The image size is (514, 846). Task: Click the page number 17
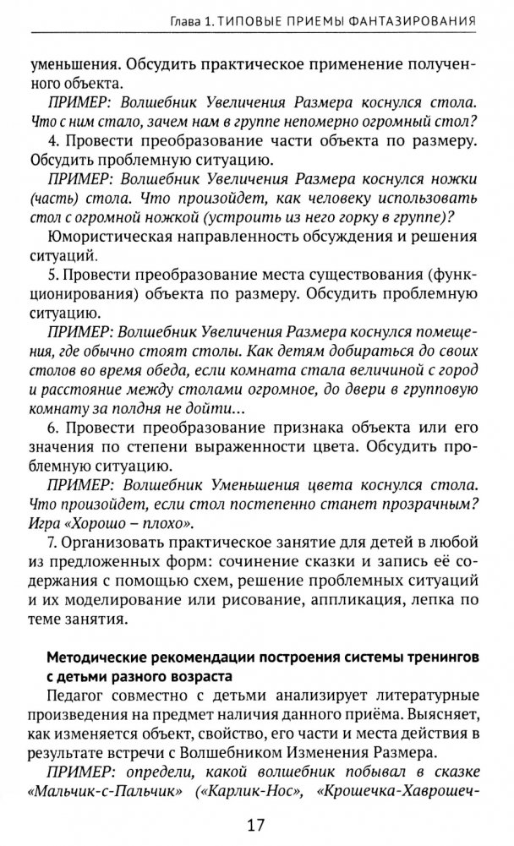(x=257, y=821)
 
